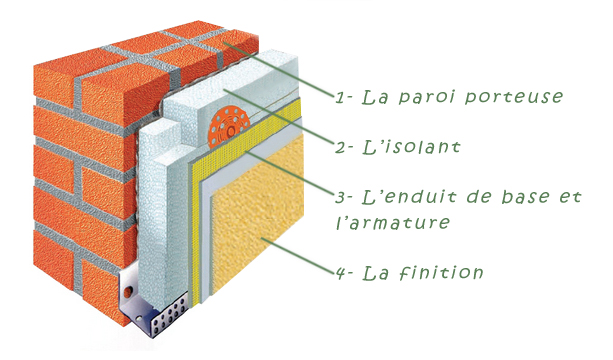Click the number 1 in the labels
tap(341, 97)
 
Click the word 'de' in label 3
tap(479, 196)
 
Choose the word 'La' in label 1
tap(378, 97)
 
